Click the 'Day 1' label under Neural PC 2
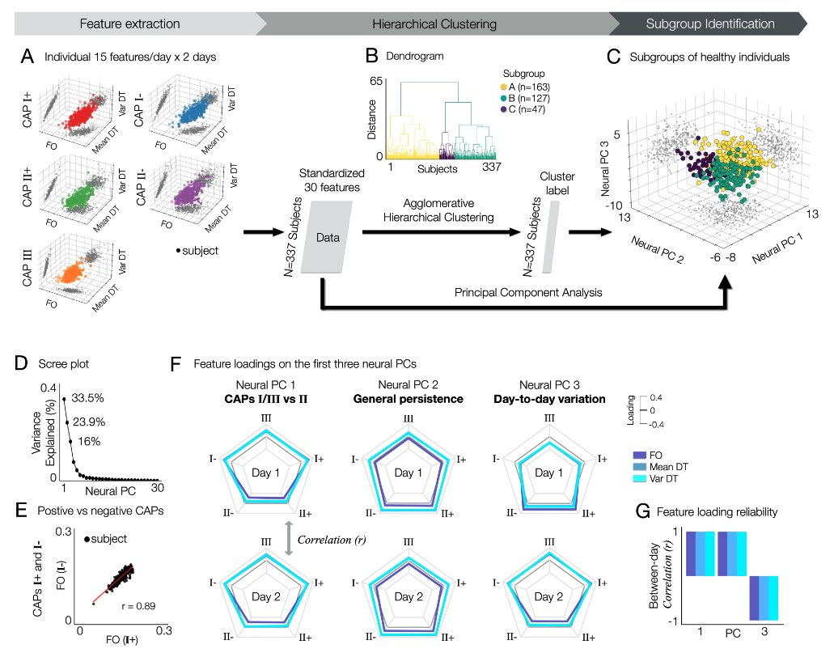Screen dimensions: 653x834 point(409,473)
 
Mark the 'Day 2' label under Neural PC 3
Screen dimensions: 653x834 point(549,597)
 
